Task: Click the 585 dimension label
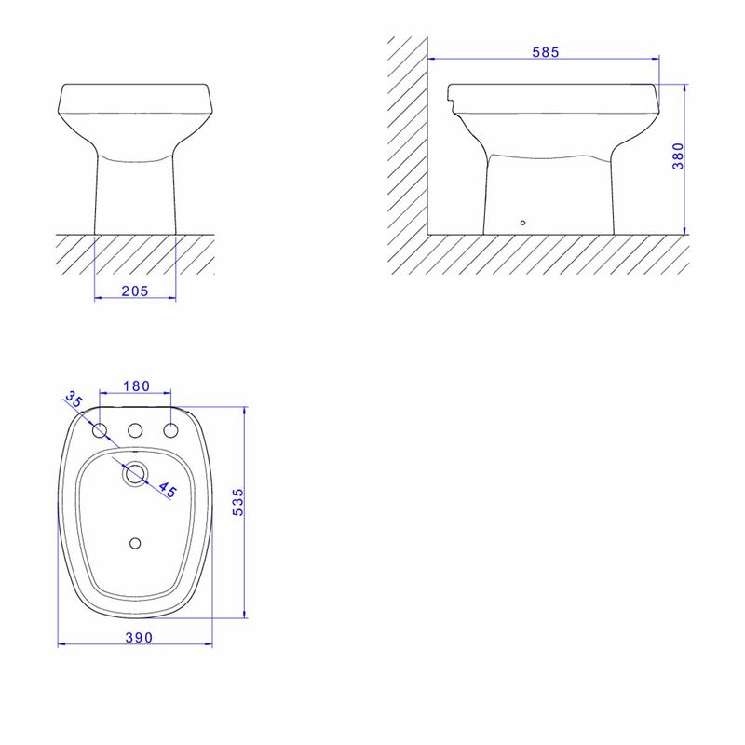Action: click(545, 52)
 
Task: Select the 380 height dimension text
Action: click(678, 156)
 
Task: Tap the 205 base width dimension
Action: click(135, 291)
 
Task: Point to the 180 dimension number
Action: click(136, 386)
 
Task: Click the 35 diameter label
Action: click(74, 399)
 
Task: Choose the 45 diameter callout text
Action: click(168, 490)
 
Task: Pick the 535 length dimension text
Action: click(237, 502)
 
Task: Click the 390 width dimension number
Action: click(139, 637)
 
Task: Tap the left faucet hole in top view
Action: click(100, 430)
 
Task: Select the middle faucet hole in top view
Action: click(135, 430)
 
